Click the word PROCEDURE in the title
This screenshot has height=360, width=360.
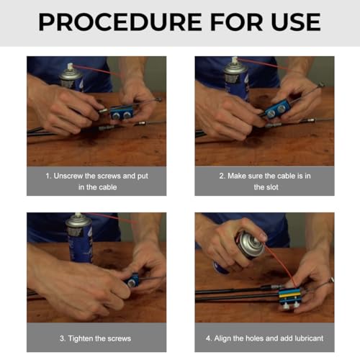[x=120, y=22]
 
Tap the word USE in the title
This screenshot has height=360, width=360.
[x=296, y=22]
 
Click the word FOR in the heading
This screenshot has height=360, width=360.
[x=236, y=22]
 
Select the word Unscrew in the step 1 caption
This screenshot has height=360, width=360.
[x=68, y=176]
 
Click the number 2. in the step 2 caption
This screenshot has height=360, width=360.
[x=222, y=176]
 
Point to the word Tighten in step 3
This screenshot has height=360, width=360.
[x=81, y=338]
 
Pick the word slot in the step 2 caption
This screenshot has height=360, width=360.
[x=272, y=187]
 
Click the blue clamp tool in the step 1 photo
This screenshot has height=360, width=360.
[x=122, y=112]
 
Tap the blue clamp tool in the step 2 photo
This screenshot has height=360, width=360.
[x=277, y=109]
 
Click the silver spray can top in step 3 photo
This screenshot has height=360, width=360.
[x=78, y=221]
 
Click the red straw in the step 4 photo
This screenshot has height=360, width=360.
[x=281, y=264]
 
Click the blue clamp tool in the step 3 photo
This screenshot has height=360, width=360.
[x=132, y=280]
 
